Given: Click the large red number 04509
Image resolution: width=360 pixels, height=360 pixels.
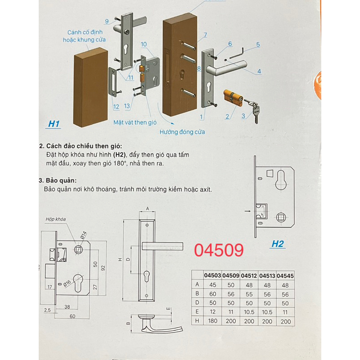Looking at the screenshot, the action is (219, 250).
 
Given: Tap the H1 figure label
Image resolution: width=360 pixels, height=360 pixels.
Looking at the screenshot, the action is (54, 124).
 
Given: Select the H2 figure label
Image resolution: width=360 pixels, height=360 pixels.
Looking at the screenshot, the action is (278, 244).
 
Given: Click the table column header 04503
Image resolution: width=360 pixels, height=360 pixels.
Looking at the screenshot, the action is (212, 275).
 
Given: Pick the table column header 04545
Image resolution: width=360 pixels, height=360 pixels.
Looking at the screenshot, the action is (285, 276).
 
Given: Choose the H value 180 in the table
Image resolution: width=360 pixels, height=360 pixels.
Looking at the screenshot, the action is (212, 321).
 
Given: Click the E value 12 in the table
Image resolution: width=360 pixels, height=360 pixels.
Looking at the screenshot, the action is (212, 312).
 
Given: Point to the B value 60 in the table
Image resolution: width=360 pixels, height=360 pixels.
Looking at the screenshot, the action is (212, 294).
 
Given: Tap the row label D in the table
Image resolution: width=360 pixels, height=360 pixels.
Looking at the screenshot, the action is (197, 302).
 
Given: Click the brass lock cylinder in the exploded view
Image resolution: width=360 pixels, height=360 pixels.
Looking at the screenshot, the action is (233, 97).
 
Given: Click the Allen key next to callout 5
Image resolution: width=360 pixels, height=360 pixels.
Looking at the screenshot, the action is (237, 53).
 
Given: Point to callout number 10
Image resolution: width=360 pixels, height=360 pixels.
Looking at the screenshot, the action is (144, 44).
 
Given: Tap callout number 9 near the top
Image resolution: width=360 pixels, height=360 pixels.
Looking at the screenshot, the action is (107, 21).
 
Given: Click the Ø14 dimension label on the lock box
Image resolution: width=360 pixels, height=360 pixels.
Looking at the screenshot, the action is (83, 235).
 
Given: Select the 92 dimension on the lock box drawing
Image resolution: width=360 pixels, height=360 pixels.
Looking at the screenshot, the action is (103, 268).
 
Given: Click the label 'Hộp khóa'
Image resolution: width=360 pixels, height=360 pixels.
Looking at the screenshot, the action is (55, 219).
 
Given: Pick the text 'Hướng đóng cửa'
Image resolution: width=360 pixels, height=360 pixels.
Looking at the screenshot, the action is (182, 132).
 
